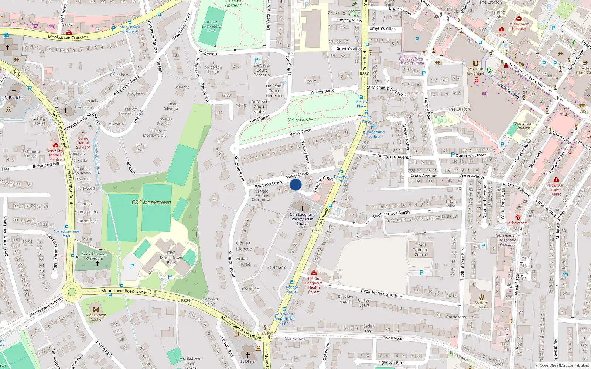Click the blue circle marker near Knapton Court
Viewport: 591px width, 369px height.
(295, 184)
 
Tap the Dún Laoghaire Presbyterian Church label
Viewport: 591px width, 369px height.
(303, 219)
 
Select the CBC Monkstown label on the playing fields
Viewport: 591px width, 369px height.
(151, 202)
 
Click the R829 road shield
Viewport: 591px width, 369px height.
(186, 300)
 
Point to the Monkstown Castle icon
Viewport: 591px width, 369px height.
(96, 309)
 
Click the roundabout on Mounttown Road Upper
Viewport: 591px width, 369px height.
(72, 292)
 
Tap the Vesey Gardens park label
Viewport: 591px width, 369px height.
(302, 120)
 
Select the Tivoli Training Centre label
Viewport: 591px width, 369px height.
(421, 249)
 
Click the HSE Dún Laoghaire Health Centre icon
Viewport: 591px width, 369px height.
(314, 273)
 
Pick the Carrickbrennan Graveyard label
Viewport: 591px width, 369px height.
(95, 256)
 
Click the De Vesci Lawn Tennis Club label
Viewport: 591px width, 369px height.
(212, 26)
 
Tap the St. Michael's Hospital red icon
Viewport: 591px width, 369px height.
(519, 19)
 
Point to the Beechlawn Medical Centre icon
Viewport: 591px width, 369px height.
(56, 145)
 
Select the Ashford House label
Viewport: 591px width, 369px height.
(481, 305)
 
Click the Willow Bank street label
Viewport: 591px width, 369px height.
(322, 91)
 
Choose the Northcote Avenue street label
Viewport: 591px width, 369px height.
(394, 156)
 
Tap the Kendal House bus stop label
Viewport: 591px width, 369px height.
(291, 289)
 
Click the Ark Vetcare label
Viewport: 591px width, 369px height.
(518, 223)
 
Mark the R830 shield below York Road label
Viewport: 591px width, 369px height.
(317, 231)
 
